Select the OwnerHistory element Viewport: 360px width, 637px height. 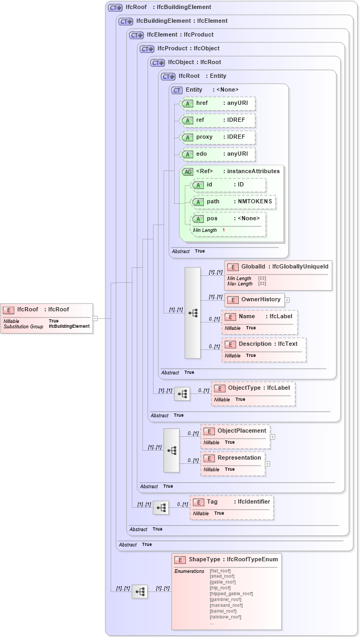[254, 300]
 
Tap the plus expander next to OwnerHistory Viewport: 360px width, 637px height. [287, 300]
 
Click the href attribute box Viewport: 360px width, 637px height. [218, 103]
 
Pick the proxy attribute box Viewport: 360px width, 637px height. [218, 137]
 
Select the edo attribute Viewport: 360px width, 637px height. [218, 154]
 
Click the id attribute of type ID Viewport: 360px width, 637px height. [228, 185]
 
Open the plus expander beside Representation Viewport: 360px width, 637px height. [267, 464]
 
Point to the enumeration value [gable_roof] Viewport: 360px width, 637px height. [223, 582]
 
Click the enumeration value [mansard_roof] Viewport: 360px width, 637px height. [226, 605]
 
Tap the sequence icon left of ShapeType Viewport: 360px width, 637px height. [140, 592]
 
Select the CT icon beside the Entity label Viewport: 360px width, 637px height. [177, 91]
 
